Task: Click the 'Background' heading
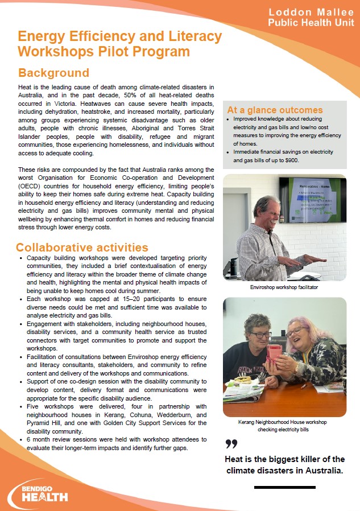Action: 53,73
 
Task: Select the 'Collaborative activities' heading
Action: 82,248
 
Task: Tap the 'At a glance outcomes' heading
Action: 275,110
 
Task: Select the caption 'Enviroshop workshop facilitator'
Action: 284,288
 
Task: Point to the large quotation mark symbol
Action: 231,444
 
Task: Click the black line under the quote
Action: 284,487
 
